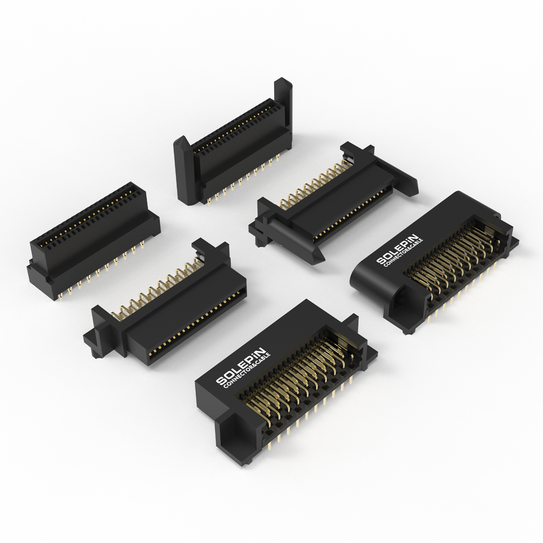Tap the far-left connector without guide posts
pos(93,242)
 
